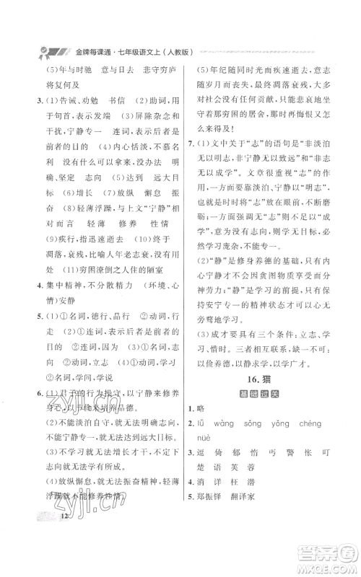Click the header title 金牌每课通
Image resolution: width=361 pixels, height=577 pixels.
pyautogui.click(x=78, y=52)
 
